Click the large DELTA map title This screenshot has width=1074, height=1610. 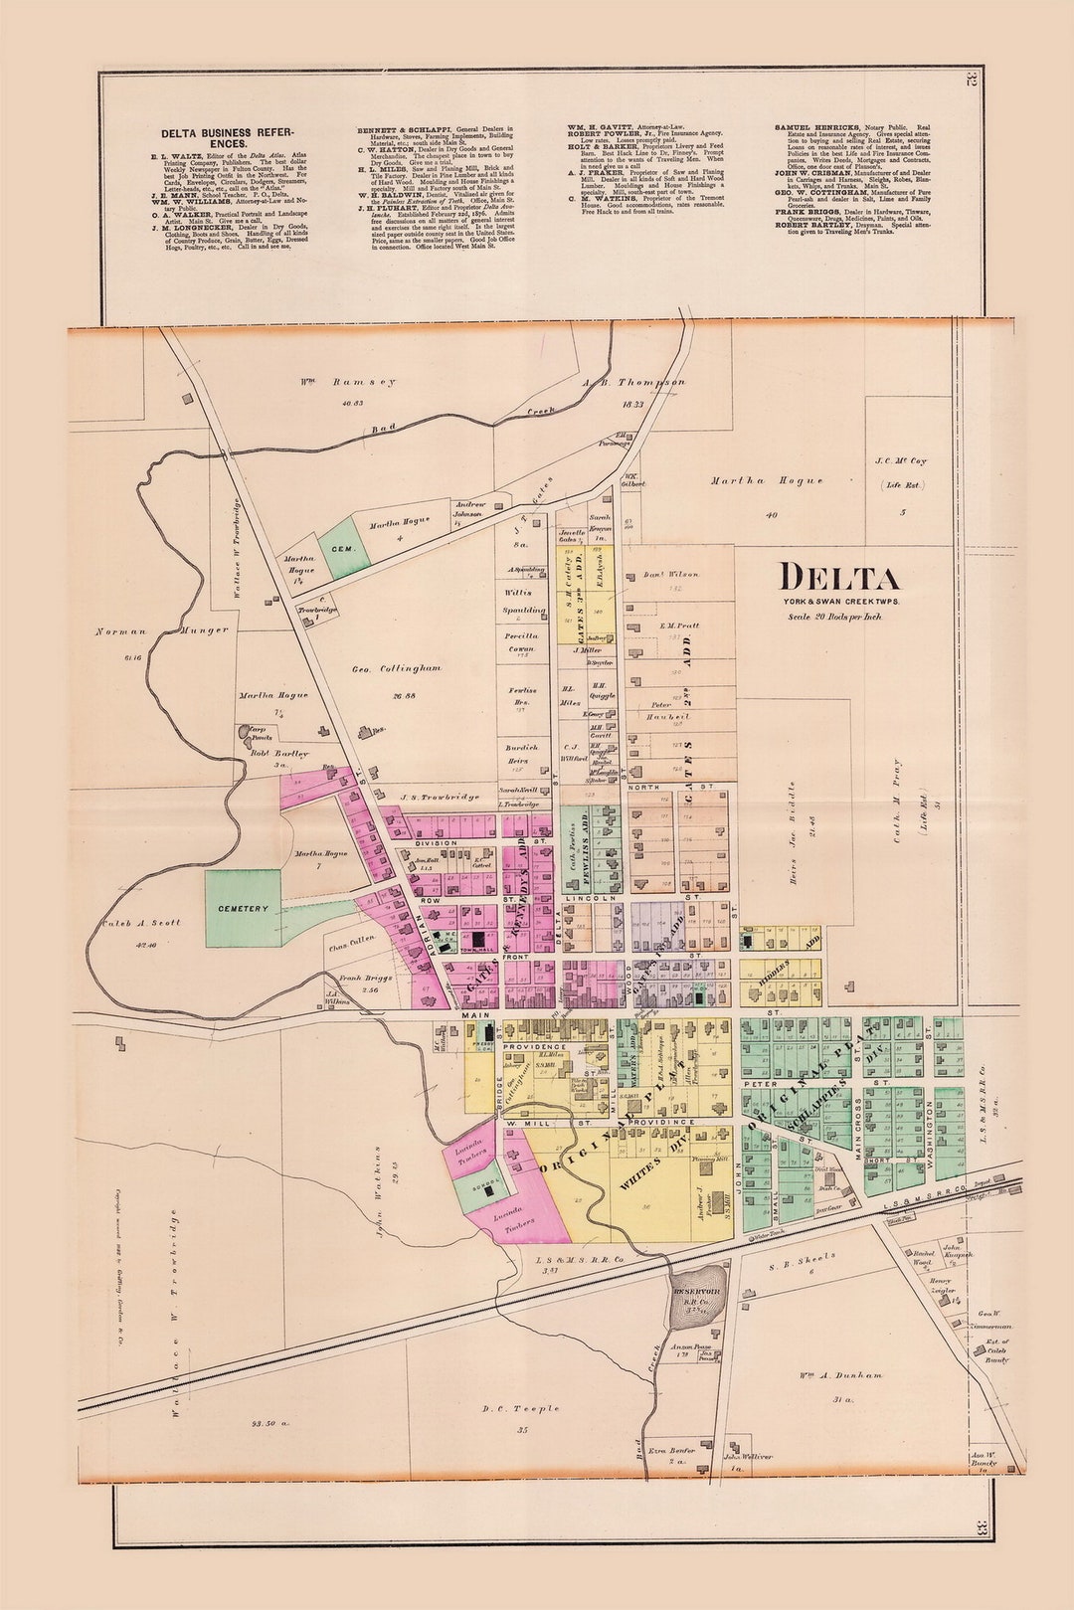pyautogui.click(x=838, y=578)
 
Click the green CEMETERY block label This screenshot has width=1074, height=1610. pyautogui.click(x=244, y=908)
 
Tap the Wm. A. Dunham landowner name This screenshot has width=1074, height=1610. pyautogui.click(x=840, y=1375)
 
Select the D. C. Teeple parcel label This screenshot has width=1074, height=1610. pyautogui.click(x=520, y=1408)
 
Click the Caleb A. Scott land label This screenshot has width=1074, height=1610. pyautogui.click(x=140, y=923)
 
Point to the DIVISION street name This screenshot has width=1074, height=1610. pyautogui.click(x=436, y=843)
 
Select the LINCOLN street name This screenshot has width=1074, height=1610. pyautogui.click(x=584, y=898)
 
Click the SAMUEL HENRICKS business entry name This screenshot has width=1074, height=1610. pyautogui.click(x=808, y=128)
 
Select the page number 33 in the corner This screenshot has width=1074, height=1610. pyautogui.click(x=982, y=1528)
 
